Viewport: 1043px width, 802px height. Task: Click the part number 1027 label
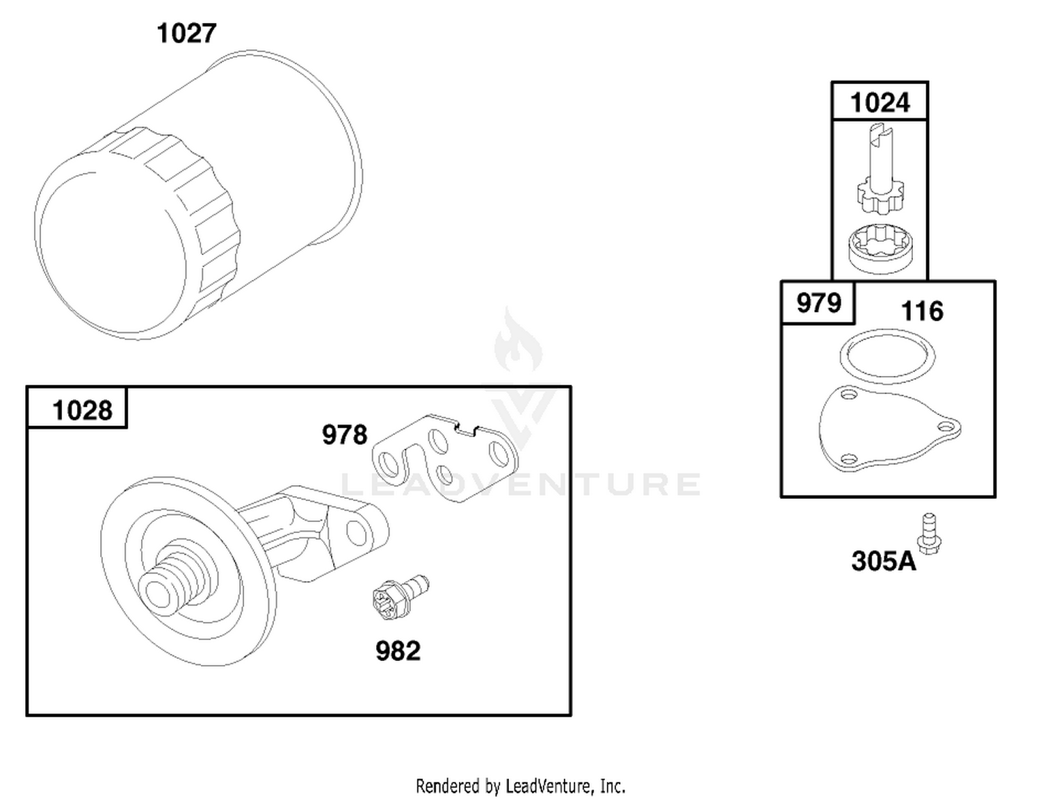[186, 33]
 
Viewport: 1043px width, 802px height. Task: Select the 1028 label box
[77, 407]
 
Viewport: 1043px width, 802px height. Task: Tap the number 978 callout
[344, 435]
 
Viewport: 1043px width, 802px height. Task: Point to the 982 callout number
[398, 651]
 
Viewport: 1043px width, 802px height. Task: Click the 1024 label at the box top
[880, 102]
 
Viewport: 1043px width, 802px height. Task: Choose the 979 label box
[818, 303]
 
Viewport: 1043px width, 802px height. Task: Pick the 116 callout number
[922, 311]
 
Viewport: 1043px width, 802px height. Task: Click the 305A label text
[884, 561]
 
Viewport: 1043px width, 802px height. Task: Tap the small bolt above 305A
[929, 534]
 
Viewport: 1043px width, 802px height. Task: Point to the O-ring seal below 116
[887, 356]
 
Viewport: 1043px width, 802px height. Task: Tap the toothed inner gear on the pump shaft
[880, 196]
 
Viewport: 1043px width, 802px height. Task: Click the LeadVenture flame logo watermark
[519, 341]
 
